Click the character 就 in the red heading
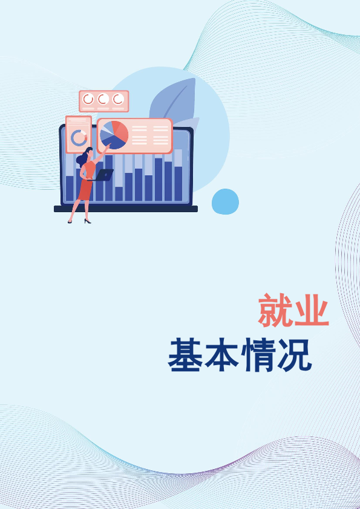tap(275, 310)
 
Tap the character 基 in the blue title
tap(185, 355)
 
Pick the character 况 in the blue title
tap(295, 355)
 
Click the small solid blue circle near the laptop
tap(225, 201)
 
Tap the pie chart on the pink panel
tap(114, 135)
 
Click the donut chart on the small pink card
tap(79, 138)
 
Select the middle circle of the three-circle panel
tap(103, 99)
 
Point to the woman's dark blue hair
tap(83, 157)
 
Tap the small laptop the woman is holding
tap(103, 175)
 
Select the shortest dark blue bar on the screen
tap(119, 194)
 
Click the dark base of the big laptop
tap(126, 209)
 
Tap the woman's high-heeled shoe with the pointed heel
tap(87, 221)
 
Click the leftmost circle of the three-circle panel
tap(88, 99)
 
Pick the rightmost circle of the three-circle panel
tap(118, 99)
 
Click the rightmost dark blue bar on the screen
tap(178, 184)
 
